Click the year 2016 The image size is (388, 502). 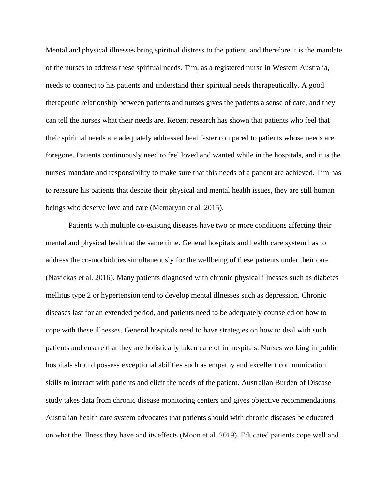point(102,278)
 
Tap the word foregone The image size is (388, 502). point(60,155)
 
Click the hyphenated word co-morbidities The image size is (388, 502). point(103,260)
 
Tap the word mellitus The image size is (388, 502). point(58,295)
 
